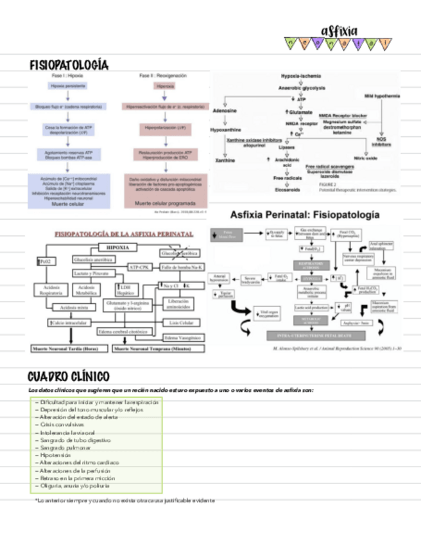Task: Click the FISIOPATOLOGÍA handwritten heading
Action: (x=69, y=66)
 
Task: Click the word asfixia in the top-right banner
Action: (x=339, y=30)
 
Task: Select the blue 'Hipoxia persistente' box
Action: (x=66, y=85)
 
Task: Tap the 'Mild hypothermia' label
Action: (x=382, y=95)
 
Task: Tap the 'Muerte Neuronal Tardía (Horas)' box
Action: (x=69, y=349)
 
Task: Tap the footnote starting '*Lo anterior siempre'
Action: (x=124, y=500)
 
